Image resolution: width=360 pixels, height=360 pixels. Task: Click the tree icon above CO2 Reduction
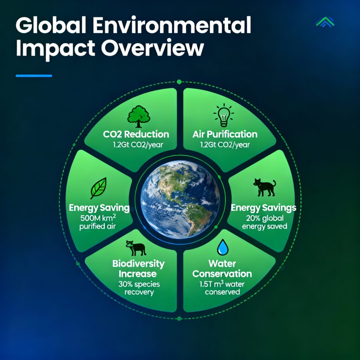139,116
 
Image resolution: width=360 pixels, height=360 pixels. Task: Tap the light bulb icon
224,115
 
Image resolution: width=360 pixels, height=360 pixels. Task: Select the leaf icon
99,188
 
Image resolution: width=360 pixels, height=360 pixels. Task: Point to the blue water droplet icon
223,247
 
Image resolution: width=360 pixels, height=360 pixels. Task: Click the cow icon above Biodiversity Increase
136,248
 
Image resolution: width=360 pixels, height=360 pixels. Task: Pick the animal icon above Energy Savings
264,187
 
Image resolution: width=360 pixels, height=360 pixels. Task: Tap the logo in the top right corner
325,22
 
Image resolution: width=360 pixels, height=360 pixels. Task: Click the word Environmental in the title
172,25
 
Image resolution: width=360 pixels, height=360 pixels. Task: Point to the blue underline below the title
34,76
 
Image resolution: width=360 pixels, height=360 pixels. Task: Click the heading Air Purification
225,134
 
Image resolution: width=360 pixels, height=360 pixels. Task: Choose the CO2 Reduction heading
136,134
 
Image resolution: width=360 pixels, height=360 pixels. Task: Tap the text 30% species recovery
139,288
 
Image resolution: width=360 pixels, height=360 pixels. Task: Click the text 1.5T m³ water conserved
222,288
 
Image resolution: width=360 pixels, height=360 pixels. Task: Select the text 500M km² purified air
98,222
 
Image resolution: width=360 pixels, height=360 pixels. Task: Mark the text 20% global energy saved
264,222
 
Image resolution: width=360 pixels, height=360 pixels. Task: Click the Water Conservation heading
222,269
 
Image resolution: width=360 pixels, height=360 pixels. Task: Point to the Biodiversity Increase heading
138,269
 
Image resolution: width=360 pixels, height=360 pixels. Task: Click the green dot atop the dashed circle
179,82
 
